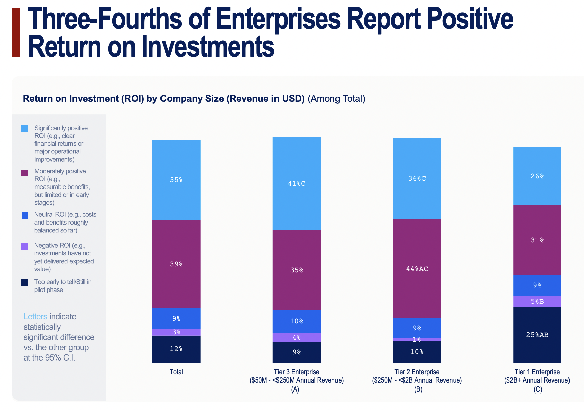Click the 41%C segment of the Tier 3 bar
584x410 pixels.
coord(296,183)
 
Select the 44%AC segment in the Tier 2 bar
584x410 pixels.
coord(417,269)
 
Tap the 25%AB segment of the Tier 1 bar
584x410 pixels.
coord(537,335)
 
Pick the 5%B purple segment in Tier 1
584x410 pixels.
coord(537,301)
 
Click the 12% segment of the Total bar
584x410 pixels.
coord(176,349)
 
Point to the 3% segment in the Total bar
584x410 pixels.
coord(176,332)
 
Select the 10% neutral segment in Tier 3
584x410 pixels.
coord(296,321)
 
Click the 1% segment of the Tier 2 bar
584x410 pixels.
coord(417,339)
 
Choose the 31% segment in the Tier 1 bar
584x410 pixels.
coord(537,240)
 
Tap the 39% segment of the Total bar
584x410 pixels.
coord(176,264)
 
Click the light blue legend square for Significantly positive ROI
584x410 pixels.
coord(24,129)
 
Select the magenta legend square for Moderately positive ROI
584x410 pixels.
coord(24,173)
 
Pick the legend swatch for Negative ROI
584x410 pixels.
coord(24,247)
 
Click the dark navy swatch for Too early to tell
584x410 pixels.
coord(24,282)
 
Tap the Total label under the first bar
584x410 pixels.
coord(176,372)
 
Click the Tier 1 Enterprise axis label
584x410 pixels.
coord(537,372)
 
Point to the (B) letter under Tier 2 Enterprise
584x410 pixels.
coord(418,389)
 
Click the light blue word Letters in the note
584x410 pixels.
coord(35,317)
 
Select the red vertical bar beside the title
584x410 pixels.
coord(16,32)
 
